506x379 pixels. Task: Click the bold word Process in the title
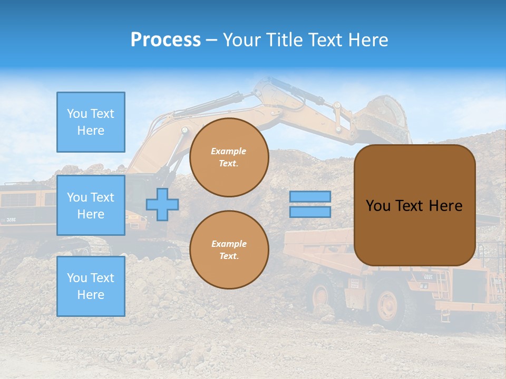pos(166,40)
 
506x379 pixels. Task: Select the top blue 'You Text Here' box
pos(91,122)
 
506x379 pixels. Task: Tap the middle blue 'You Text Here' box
pos(91,205)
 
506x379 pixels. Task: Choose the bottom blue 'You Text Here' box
pos(91,286)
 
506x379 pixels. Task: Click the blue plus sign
pos(162,204)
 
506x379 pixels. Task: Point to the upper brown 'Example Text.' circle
pos(229,157)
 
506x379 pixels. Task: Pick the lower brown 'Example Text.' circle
pos(229,250)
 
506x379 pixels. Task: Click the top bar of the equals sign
pos(310,196)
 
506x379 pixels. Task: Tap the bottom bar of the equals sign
pos(310,212)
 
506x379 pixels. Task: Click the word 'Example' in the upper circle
pos(229,151)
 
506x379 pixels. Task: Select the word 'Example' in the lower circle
pos(229,244)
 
